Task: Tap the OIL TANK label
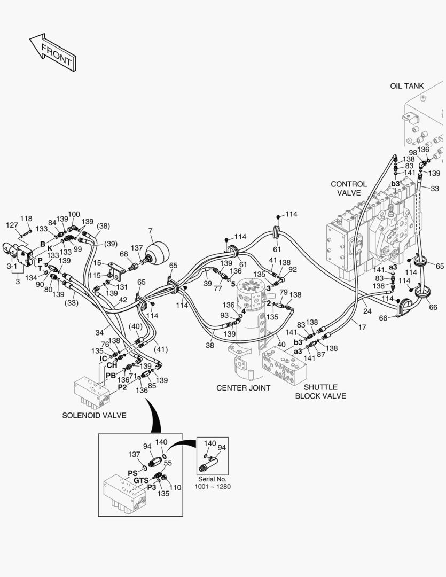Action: (x=407, y=85)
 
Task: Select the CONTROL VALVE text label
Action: (x=348, y=188)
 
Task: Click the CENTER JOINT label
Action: (x=243, y=388)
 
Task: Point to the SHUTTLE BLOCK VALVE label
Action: (x=320, y=392)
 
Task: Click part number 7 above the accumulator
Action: (x=151, y=231)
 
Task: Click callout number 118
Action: (x=26, y=219)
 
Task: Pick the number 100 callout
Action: (x=74, y=214)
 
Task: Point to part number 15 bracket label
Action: (x=97, y=263)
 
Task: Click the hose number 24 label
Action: (x=367, y=311)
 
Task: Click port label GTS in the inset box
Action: (x=141, y=480)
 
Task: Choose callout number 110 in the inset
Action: (x=175, y=487)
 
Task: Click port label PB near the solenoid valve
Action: (x=111, y=376)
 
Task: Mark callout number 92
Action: (x=292, y=270)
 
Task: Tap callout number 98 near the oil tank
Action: (x=412, y=153)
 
